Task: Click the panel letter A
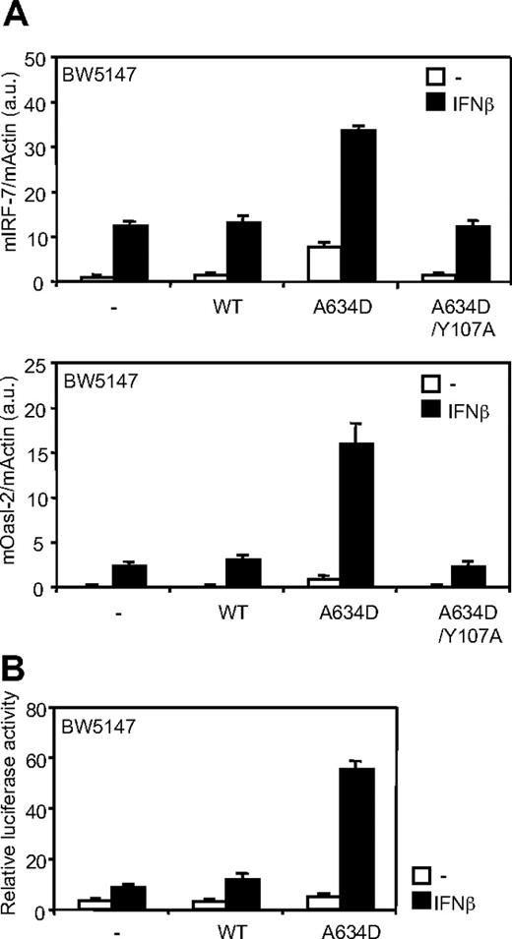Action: (14, 14)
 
